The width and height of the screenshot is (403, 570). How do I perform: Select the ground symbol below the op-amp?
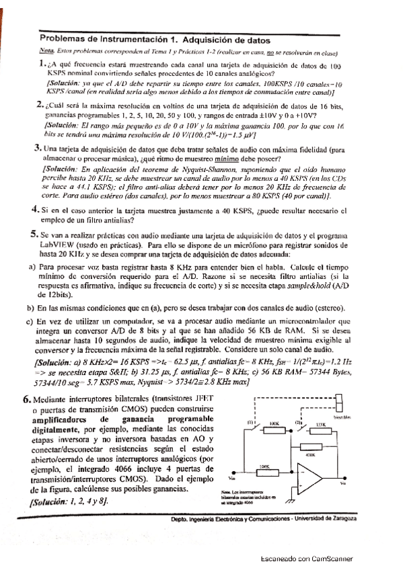coord(291,501)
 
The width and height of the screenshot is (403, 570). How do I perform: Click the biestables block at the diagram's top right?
coord(339,402)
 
